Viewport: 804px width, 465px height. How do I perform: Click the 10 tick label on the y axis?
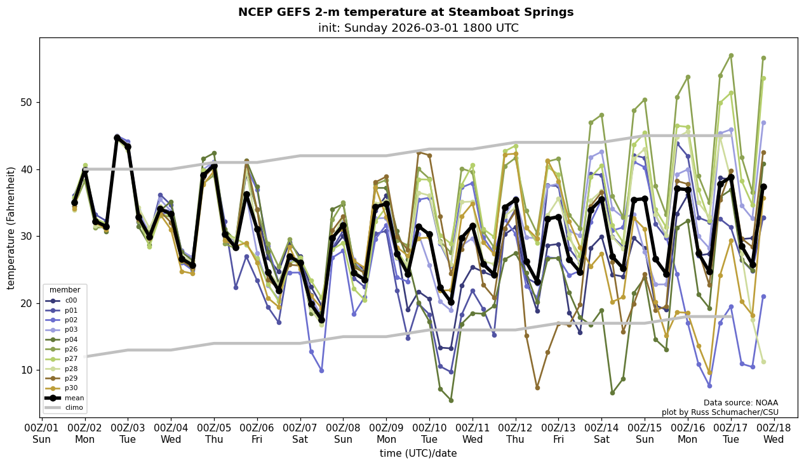(27, 370)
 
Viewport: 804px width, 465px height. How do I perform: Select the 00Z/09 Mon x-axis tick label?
(387, 434)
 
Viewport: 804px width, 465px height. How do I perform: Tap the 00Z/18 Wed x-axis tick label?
(774, 434)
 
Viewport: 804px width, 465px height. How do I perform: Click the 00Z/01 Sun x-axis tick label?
(42, 434)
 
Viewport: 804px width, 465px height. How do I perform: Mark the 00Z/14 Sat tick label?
(601, 434)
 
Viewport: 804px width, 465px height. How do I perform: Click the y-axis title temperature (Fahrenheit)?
(11, 228)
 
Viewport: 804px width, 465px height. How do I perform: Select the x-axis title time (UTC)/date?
(419, 454)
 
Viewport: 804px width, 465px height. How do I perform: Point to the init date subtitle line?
(419, 29)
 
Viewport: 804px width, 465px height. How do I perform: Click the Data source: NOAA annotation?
(740, 403)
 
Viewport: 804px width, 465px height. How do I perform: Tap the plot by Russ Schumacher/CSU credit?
(720, 412)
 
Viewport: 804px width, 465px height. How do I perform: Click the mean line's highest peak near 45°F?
(117, 138)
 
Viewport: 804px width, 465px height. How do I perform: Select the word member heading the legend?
(65, 291)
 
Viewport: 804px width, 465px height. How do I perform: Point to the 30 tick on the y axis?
(27, 237)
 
